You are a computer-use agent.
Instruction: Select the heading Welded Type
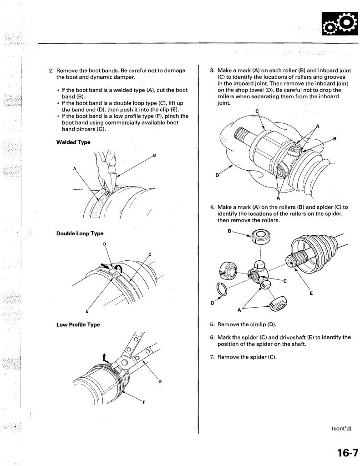point(73,142)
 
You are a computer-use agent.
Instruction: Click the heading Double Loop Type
point(80,233)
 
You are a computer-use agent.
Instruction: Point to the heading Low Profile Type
point(78,324)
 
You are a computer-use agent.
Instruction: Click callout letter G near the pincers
point(160,381)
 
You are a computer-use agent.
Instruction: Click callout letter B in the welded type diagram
point(154,156)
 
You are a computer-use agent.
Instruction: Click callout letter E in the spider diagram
point(311,293)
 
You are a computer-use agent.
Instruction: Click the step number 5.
point(212,324)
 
